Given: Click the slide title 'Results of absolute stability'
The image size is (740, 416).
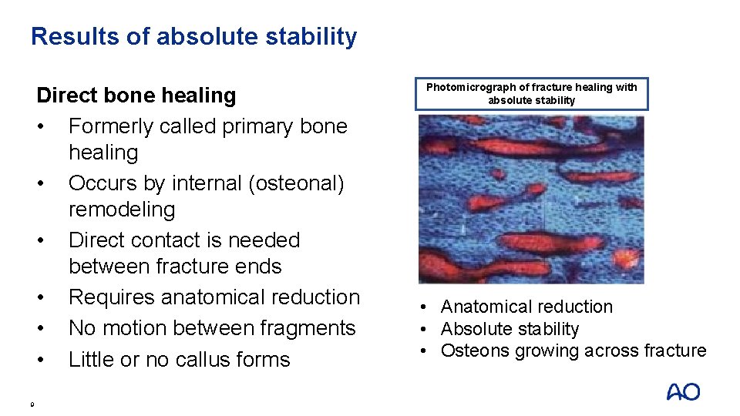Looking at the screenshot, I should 193,36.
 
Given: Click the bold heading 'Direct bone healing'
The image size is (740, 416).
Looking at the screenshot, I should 136,96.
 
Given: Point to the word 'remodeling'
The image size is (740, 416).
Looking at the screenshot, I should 122,210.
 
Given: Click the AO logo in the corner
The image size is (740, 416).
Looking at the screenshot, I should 683,392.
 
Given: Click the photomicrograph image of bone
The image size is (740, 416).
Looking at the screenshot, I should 531,200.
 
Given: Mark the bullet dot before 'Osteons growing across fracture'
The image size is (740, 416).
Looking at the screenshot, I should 425,352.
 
